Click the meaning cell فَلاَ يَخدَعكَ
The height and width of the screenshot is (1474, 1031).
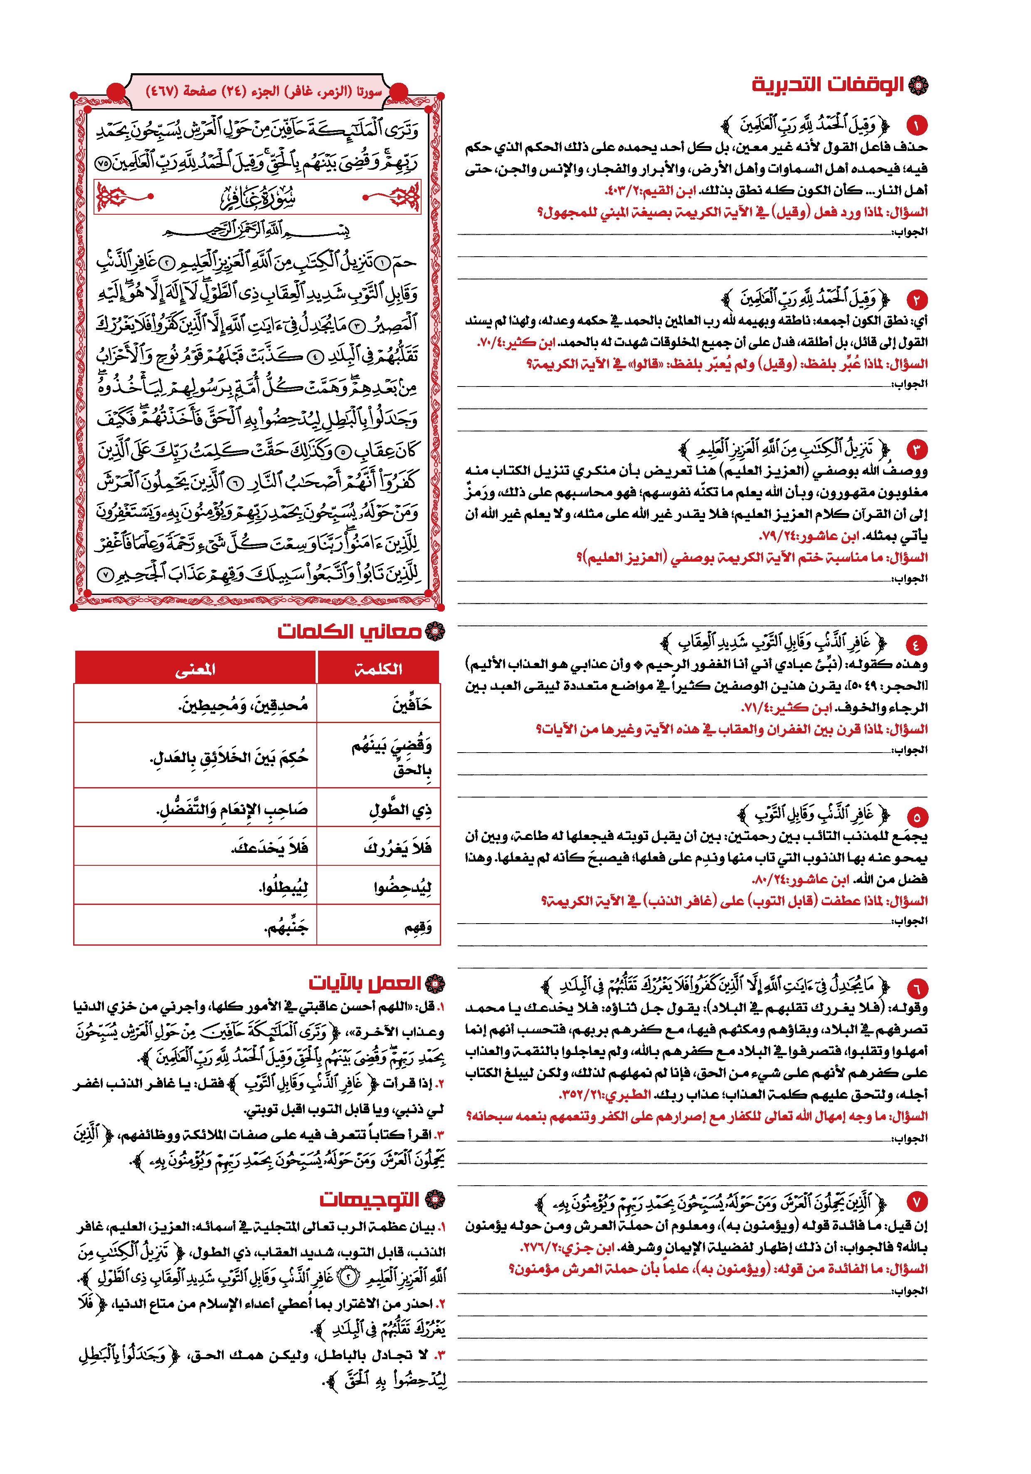pos(269,848)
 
